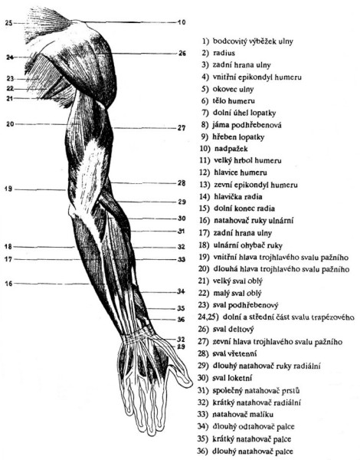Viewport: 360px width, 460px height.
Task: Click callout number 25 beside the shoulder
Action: point(8,23)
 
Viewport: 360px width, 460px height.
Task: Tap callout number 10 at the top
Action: point(182,22)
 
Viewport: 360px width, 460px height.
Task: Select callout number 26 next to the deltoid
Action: point(182,54)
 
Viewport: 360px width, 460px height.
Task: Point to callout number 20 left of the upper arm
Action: point(10,124)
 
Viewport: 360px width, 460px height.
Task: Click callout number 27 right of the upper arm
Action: point(182,128)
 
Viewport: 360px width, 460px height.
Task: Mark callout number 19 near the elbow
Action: point(8,189)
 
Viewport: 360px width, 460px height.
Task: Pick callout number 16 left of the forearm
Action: point(9,284)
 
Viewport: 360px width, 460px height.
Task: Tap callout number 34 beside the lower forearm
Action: point(182,291)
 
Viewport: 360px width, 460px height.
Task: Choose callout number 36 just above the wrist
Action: point(182,320)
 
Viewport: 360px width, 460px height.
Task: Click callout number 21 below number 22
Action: point(10,99)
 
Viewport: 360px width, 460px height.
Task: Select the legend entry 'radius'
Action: point(224,53)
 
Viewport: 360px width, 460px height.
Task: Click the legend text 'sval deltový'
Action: point(234,330)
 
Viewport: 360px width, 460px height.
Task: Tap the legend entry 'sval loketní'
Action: point(232,378)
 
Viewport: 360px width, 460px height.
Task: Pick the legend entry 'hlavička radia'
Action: point(238,196)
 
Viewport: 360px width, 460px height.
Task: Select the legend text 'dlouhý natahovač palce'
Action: point(253,452)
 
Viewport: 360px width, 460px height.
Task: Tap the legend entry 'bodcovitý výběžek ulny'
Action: point(253,41)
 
